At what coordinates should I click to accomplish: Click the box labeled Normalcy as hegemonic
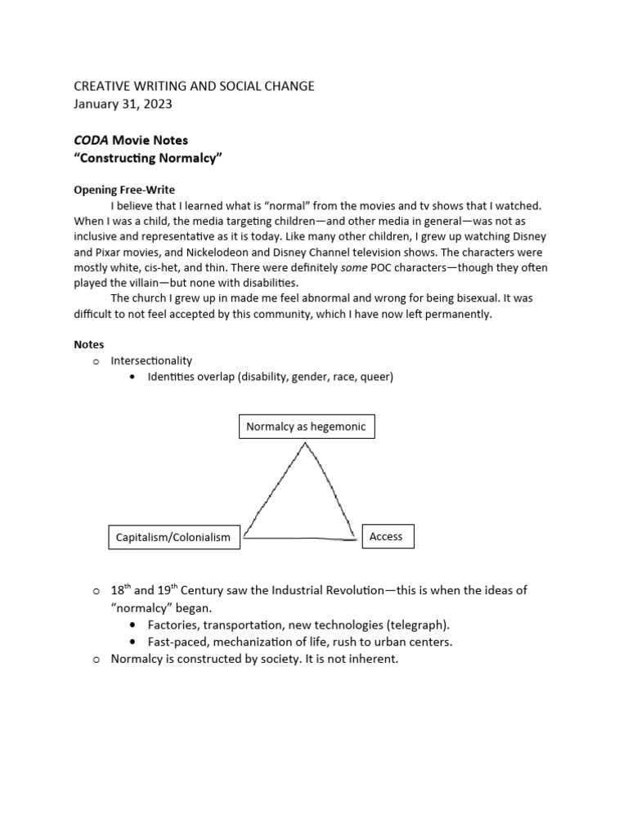tap(307, 427)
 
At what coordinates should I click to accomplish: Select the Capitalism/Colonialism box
tap(174, 537)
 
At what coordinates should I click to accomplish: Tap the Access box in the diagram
tap(386, 536)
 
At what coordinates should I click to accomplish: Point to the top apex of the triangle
tap(305, 444)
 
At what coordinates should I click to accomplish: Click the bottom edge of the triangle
tap(299, 539)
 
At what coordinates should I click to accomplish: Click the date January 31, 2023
tap(123, 104)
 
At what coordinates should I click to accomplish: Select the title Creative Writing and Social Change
tap(194, 86)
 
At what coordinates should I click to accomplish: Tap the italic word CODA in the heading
tap(91, 141)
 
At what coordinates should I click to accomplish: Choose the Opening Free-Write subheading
tap(124, 190)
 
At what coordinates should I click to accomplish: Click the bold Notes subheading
tap(89, 344)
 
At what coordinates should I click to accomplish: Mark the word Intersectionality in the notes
tap(152, 360)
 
